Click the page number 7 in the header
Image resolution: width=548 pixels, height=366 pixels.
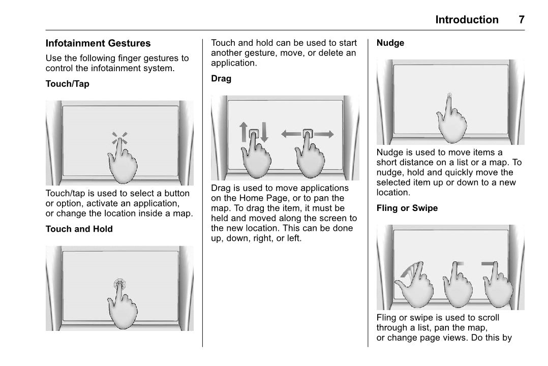(521, 20)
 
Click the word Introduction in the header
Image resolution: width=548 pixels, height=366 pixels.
(467, 20)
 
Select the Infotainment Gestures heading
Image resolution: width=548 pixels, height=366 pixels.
(98, 44)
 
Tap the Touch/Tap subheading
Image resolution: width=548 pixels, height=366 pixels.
(67, 84)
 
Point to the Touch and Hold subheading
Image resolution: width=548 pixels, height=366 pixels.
(79, 229)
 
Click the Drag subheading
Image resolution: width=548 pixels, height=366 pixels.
(221, 79)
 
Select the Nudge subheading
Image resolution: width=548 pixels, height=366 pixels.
(390, 43)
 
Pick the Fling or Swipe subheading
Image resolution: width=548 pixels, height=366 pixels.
(407, 208)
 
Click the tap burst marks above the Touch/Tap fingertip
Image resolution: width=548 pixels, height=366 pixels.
(120, 138)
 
